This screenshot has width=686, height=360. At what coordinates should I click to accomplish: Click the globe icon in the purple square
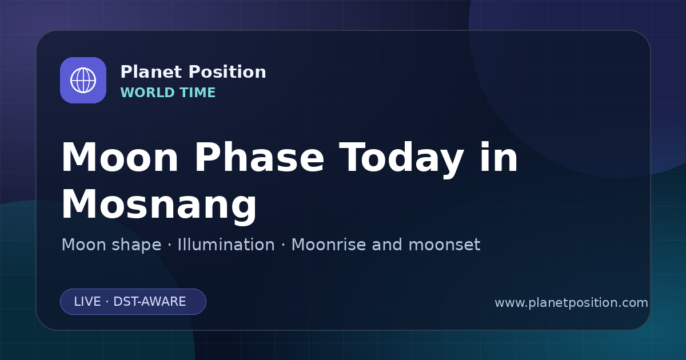point(83,80)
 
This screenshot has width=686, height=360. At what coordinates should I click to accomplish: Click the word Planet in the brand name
point(151,72)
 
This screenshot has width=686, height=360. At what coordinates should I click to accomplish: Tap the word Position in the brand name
point(228,72)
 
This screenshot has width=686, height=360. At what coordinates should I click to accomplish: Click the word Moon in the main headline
point(119,158)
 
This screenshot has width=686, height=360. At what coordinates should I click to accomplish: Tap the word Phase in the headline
point(259,158)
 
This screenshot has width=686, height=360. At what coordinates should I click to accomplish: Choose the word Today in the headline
point(401,160)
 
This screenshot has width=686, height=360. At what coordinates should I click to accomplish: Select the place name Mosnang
point(159,204)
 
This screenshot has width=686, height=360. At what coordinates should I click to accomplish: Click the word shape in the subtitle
point(136,246)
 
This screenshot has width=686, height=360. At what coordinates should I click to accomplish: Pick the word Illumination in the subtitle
point(226,245)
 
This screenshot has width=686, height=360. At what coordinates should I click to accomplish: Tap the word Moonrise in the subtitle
point(332,245)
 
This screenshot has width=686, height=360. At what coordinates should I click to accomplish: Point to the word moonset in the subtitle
point(444,245)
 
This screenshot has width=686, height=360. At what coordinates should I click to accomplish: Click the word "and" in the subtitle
point(387,245)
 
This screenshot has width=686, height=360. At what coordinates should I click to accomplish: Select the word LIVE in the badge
point(87,302)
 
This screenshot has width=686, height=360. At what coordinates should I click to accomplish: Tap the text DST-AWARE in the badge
point(149,302)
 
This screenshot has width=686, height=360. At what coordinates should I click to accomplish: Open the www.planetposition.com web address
point(571,303)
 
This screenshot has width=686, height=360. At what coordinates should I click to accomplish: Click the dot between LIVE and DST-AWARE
point(107,302)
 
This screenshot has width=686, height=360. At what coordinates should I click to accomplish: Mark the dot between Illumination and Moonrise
point(284,245)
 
